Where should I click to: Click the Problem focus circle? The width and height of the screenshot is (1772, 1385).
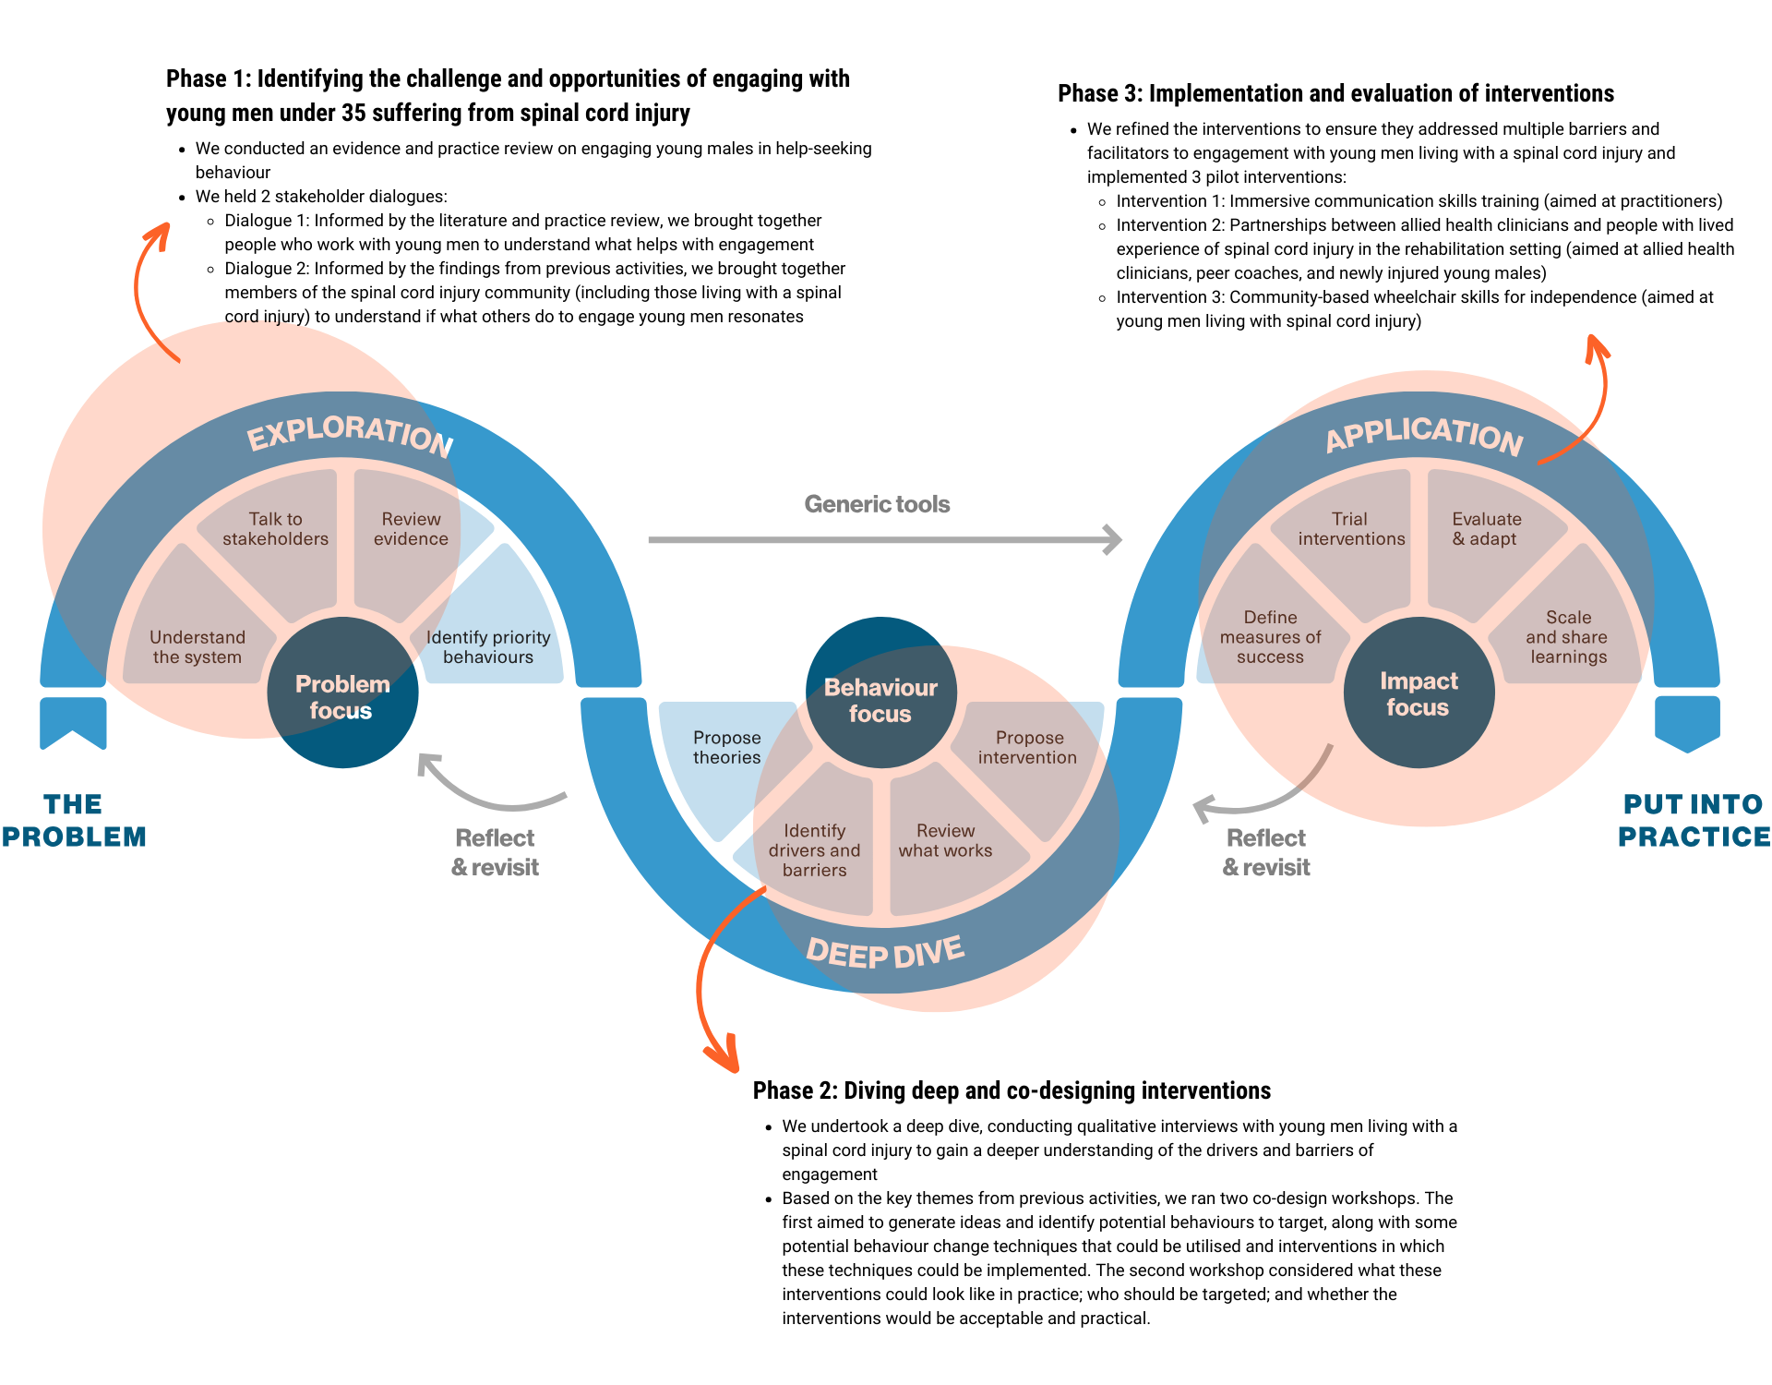click(x=342, y=694)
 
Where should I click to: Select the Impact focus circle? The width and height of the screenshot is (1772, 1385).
click(x=1419, y=693)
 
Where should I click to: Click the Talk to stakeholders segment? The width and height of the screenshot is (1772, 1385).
click(x=275, y=536)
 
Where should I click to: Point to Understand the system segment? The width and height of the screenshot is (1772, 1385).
click(x=198, y=646)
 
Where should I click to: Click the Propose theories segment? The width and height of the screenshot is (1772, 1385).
click(x=726, y=753)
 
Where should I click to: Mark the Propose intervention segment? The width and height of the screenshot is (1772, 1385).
click(x=1028, y=753)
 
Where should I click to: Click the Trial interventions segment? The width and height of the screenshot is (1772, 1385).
click(x=1350, y=536)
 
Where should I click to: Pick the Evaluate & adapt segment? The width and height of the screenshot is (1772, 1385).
click(x=1486, y=536)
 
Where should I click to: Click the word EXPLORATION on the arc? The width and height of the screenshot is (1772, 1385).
click(x=351, y=433)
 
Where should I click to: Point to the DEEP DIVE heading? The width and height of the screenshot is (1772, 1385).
click(x=885, y=952)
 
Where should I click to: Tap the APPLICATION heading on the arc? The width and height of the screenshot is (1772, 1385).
click(x=1424, y=434)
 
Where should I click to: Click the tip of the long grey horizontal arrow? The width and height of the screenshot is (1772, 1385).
click(x=1120, y=540)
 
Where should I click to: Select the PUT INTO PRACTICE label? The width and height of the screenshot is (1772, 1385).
click(x=1694, y=820)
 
